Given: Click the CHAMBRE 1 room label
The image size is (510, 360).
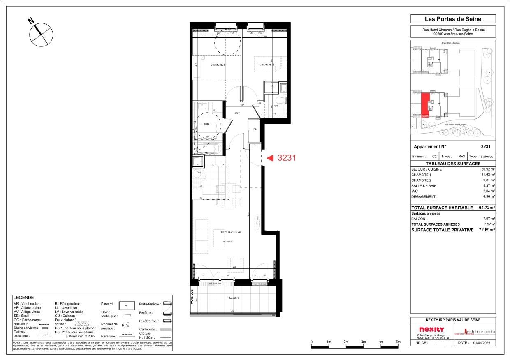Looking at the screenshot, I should point(217,65).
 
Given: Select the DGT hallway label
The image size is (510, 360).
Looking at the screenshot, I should point(237,113).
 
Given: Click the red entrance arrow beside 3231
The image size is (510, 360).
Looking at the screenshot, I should point(270,157).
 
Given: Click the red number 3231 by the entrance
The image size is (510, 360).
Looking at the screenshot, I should point(287,157).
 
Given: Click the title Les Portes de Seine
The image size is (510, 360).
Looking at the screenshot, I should point(452,19).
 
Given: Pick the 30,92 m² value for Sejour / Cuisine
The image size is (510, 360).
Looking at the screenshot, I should point(488,169).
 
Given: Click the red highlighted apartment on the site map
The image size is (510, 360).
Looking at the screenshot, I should point(426,105).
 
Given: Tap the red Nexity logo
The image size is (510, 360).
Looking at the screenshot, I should point(431,330).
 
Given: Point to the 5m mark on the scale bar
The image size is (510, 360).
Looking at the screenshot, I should point(398,342).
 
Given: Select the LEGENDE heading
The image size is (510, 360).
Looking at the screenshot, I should point(24,298).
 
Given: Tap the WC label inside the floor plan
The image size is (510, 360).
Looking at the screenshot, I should point(276,106).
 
